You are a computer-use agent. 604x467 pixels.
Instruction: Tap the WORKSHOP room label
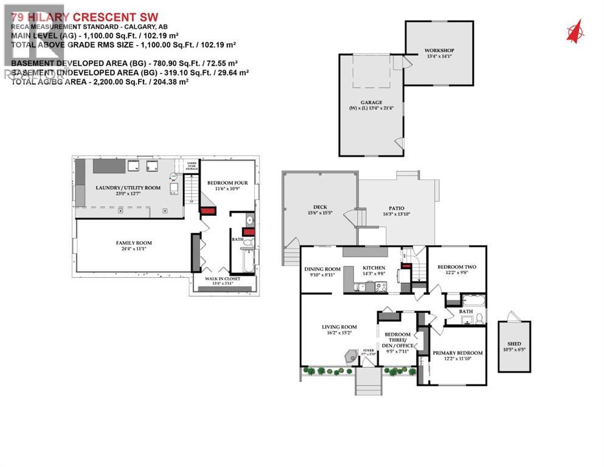[439, 50]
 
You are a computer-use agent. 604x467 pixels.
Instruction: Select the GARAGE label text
[370, 103]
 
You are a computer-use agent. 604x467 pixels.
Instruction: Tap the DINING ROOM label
[322, 269]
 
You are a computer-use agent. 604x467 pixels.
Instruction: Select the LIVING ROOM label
[339, 327]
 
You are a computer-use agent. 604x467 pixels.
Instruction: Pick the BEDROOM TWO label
[457, 267]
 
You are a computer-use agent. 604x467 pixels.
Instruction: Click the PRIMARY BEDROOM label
[457, 353]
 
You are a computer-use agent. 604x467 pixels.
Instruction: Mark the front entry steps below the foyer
[369, 382]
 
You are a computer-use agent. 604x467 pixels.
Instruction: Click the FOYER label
[369, 351]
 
